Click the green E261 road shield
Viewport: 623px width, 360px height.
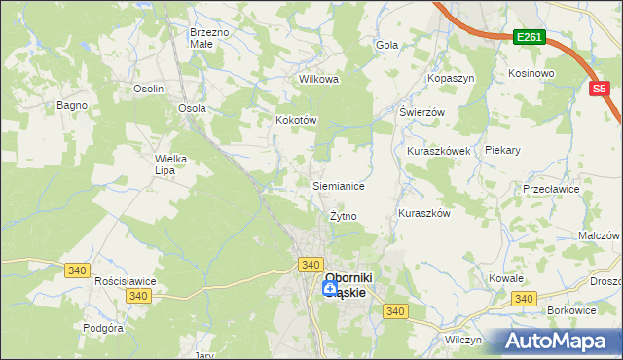coord(531,38)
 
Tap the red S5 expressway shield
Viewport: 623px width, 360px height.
coord(600,89)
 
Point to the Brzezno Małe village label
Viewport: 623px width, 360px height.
coord(209,38)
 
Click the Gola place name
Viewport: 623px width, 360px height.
coord(387,45)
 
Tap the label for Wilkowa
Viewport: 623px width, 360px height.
coord(318,79)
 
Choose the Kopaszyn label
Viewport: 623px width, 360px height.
coord(448,77)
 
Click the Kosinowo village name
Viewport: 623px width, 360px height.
coord(531,73)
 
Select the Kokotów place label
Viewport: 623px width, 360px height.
coord(297,120)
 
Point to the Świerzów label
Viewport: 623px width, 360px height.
coord(421,112)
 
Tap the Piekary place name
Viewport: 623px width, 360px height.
coord(530,151)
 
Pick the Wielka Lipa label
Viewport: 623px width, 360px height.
coord(170,163)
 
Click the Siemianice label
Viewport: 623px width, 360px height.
coord(338,185)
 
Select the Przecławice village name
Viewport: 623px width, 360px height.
coord(572,189)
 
